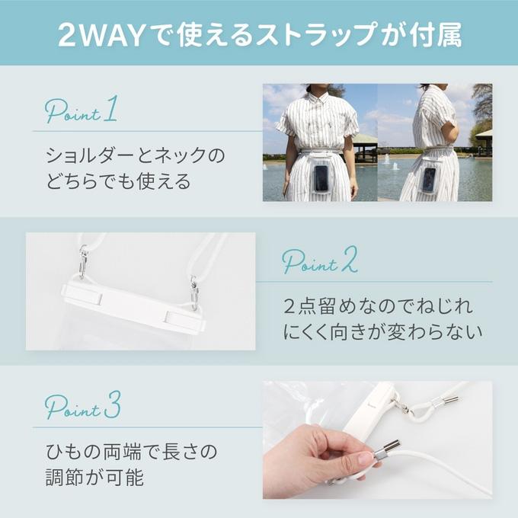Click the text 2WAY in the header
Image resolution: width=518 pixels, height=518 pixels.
(101, 35)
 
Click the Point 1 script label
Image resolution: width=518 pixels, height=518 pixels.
(82, 110)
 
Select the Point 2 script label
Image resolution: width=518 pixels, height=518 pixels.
(319, 260)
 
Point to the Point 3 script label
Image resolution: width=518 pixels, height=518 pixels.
(83, 405)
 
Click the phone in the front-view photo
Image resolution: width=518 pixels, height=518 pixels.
(321, 178)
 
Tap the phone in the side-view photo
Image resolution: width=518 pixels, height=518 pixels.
(428, 180)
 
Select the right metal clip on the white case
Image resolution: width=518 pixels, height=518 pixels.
(194, 293)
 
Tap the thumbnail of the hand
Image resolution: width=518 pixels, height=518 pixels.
(366, 459)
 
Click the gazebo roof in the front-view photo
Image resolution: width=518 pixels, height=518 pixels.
(366, 138)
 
